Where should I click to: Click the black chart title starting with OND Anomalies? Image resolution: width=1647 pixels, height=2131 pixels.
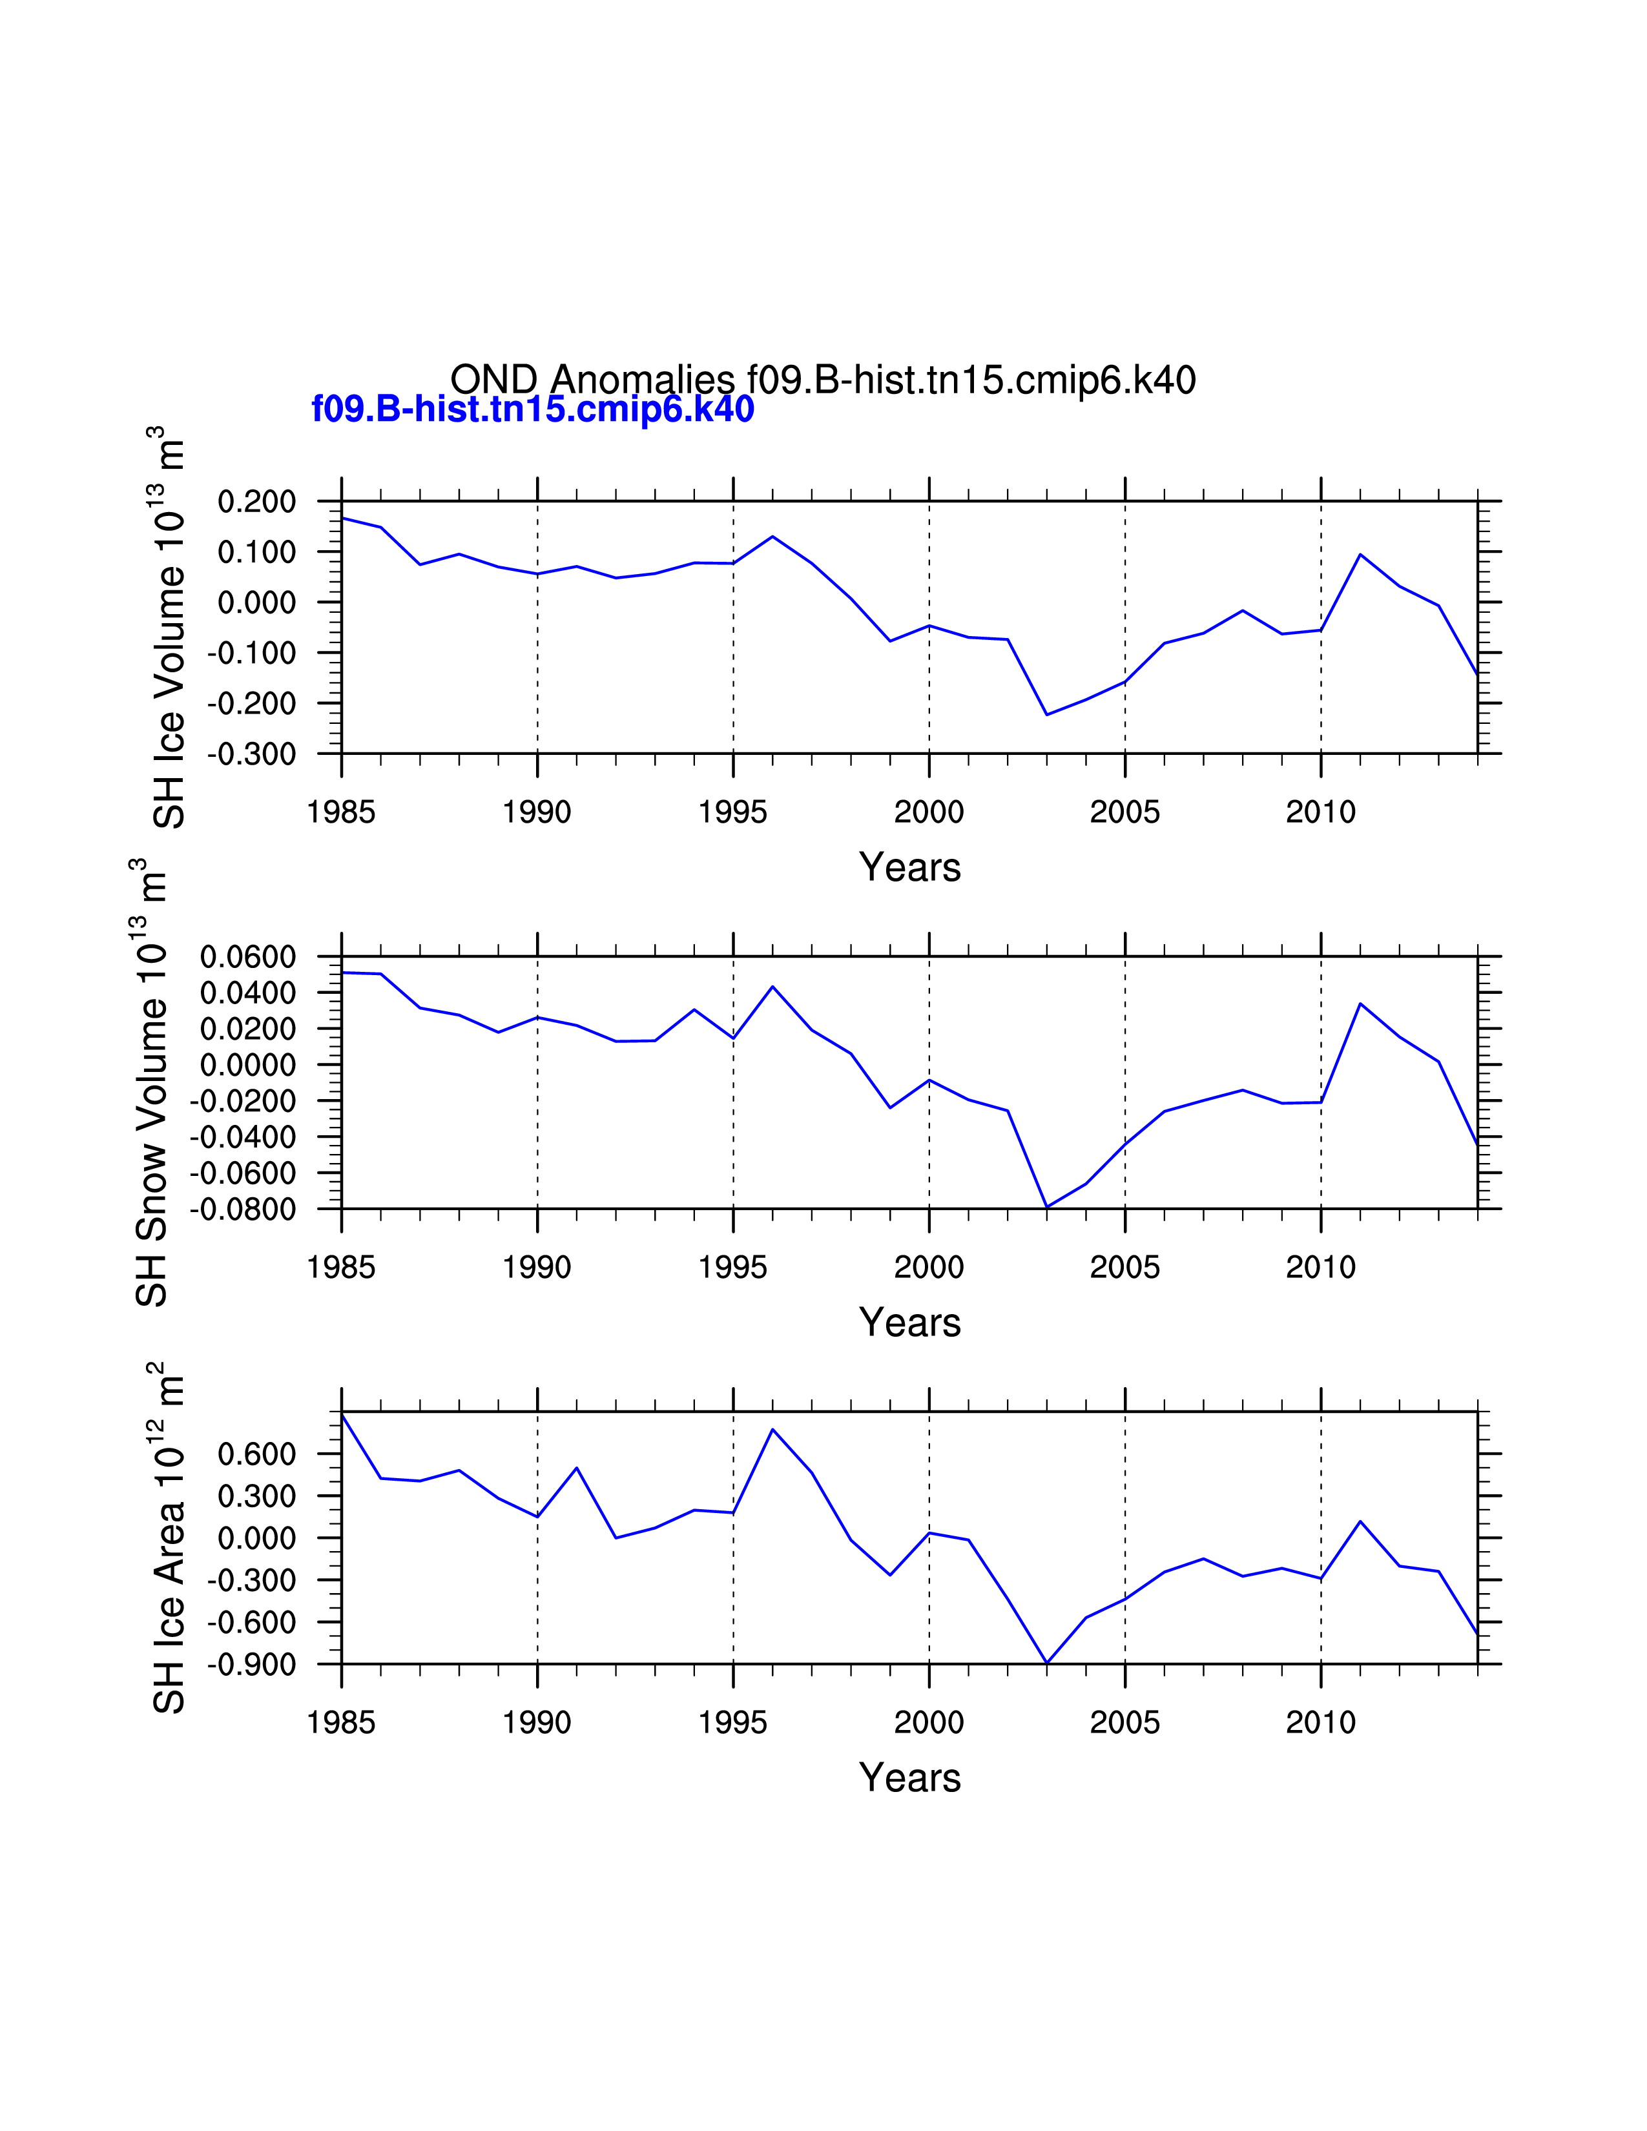[x=822, y=380]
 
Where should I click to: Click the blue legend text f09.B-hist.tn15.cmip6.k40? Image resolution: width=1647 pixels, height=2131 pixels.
[x=533, y=409]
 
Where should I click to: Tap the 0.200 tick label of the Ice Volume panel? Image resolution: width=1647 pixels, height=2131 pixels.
[x=256, y=502]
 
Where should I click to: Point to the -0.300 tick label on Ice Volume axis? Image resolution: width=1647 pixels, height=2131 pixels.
[x=252, y=754]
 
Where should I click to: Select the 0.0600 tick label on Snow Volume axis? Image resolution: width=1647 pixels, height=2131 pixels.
[x=248, y=957]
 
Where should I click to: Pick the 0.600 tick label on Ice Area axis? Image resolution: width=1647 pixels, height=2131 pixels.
[x=256, y=1454]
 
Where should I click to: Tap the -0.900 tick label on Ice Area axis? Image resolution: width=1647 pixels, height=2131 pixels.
[x=252, y=1665]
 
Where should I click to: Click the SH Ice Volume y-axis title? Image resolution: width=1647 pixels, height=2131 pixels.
[x=168, y=628]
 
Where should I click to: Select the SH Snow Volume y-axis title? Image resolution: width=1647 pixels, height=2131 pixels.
[x=150, y=1083]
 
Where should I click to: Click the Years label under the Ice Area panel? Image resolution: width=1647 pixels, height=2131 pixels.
[x=909, y=1778]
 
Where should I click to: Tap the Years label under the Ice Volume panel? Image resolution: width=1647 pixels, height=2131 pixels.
[x=909, y=867]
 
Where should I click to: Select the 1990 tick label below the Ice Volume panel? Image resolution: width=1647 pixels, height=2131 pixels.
[x=537, y=812]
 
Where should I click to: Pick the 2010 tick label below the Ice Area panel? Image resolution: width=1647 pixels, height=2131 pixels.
[x=1320, y=1723]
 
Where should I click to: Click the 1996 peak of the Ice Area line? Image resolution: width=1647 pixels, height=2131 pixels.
[x=772, y=1430]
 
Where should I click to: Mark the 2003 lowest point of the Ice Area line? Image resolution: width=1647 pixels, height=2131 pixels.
[x=1047, y=1663]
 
